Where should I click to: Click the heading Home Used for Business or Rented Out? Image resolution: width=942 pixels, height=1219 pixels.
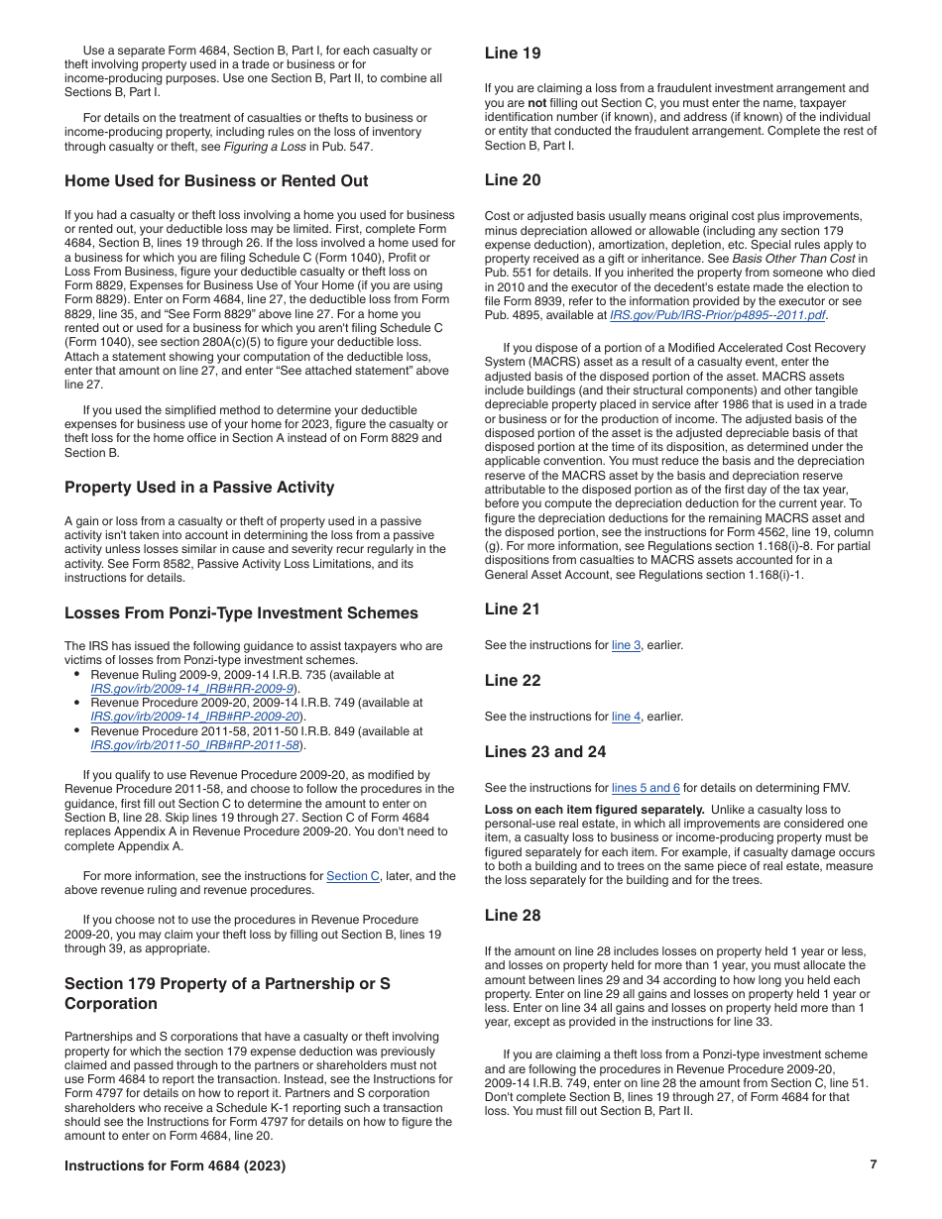click(x=216, y=181)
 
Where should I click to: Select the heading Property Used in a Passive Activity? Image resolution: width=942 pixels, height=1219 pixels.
click(x=199, y=488)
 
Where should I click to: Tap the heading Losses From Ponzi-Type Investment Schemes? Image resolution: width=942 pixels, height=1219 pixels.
click(x=241, y=613)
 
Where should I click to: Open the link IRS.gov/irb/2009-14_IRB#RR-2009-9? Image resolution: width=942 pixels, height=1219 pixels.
click(x=193, y=689)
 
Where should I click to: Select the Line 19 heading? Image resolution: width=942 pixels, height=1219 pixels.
click(x=513, y=54)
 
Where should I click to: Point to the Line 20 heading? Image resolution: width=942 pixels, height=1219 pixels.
click(x=513, y=180)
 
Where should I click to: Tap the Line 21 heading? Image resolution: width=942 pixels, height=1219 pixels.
click(x=513, y=609)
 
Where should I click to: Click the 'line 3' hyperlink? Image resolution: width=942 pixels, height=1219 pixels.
click(x=626, y=645)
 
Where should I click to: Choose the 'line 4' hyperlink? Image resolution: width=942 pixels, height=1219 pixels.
click(x=626, y=717)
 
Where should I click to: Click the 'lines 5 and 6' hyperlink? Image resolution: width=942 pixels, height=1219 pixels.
click(x=646, y=788)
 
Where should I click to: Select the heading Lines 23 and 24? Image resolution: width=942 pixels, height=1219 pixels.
click(x=545, y=752)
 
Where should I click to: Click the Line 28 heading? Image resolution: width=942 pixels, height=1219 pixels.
click(x=513, y=916)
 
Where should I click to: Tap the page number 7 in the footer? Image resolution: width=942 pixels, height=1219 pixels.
click(x=874, y=1164)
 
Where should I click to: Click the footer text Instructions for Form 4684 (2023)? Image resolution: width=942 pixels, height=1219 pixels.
click(x=175, y=1166)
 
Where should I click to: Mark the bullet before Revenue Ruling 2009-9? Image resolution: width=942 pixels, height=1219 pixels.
click(x=77, y=675)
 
